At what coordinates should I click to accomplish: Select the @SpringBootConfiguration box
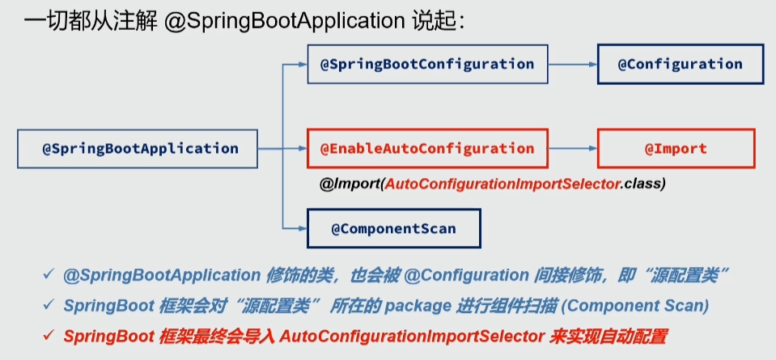point(427,64)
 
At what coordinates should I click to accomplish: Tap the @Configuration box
point(680,64)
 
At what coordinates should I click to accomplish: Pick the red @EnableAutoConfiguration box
point(427,148)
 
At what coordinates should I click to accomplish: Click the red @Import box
point(675,148)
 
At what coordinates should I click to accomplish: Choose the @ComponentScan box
point(393,229)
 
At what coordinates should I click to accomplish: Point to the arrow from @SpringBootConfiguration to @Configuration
point(572,64)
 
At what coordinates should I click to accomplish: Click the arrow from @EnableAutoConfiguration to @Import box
point(572,149)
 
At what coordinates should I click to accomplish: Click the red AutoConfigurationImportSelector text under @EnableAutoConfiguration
point(502,184)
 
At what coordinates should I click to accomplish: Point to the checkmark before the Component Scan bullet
point(49,306)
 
